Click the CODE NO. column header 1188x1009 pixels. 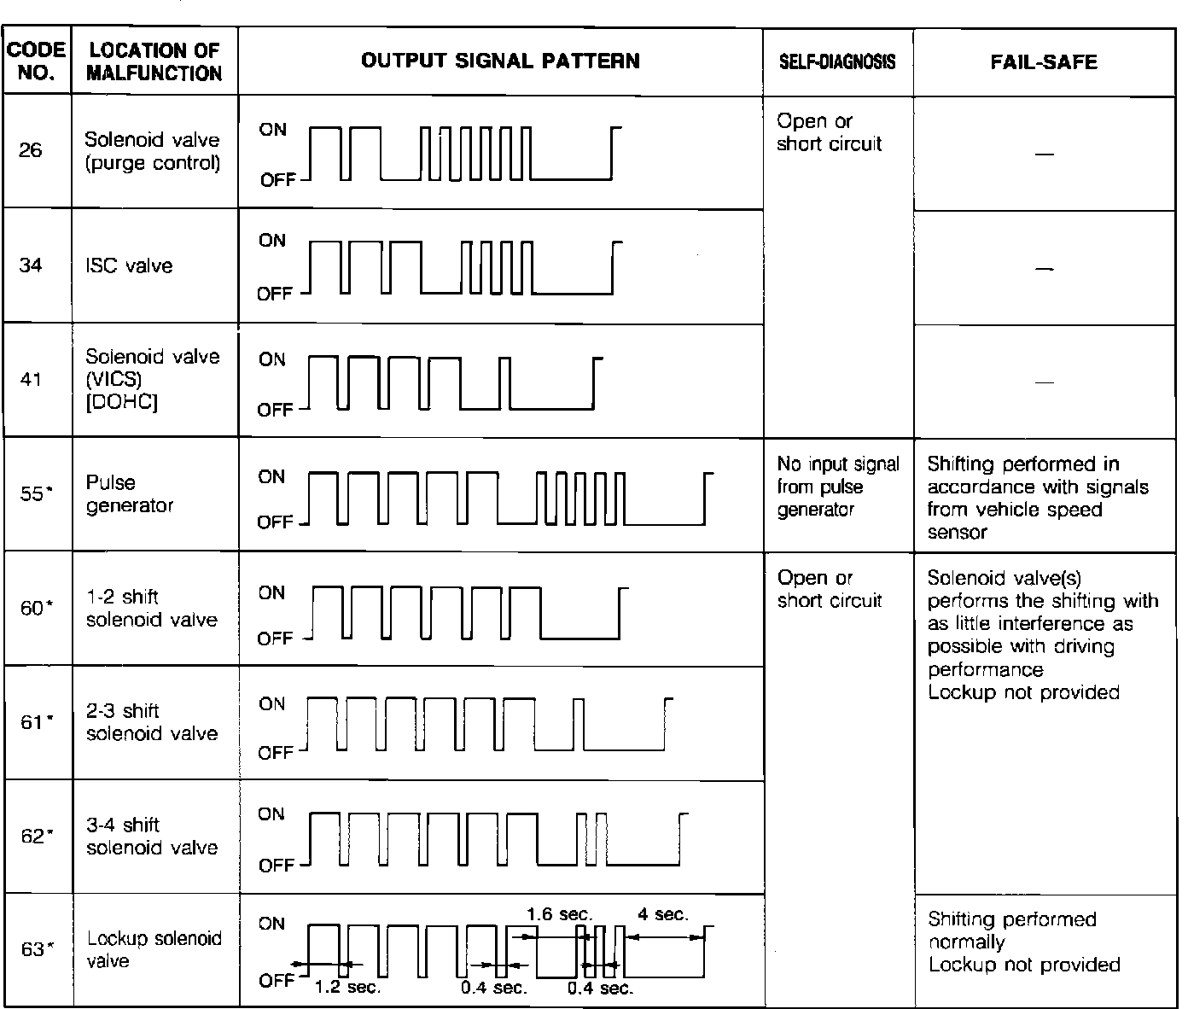[37, 61]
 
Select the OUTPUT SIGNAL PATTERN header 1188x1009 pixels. [500, 61]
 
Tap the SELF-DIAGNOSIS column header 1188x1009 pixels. [837, 61]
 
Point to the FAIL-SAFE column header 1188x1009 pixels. [1044, 61]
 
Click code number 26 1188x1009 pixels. [31, 151]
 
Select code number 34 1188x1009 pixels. [31, 265]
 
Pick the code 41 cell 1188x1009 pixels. [31, 379]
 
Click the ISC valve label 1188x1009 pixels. [129, 265]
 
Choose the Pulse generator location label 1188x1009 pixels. [129, 493]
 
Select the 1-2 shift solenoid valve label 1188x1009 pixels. [151, 608]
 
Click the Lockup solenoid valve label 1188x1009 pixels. [154, 949]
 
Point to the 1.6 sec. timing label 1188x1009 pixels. [560, 914]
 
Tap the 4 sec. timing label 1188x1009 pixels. [662, 914]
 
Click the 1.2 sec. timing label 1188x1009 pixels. [347, 988]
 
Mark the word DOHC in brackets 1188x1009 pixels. [122, 402]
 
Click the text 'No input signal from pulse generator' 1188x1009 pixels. [837, 487]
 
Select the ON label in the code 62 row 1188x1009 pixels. [271, 814]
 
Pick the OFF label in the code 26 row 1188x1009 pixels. [277, 180]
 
